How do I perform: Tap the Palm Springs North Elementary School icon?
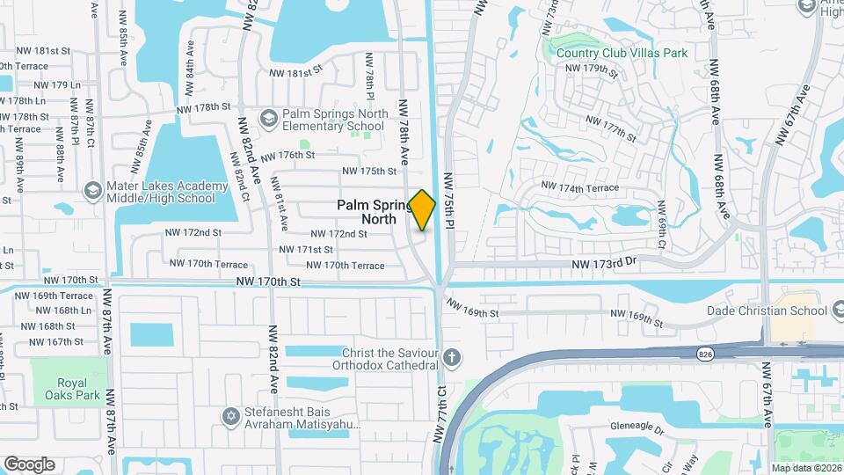(269, 118)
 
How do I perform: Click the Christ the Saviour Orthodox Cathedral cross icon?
(452, 357)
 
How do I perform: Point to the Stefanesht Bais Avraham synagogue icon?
(232, 415)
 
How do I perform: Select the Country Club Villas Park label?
(622, 53)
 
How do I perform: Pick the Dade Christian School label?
(767, 311)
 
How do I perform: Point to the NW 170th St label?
(268, 281)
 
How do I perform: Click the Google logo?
(29, 464)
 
